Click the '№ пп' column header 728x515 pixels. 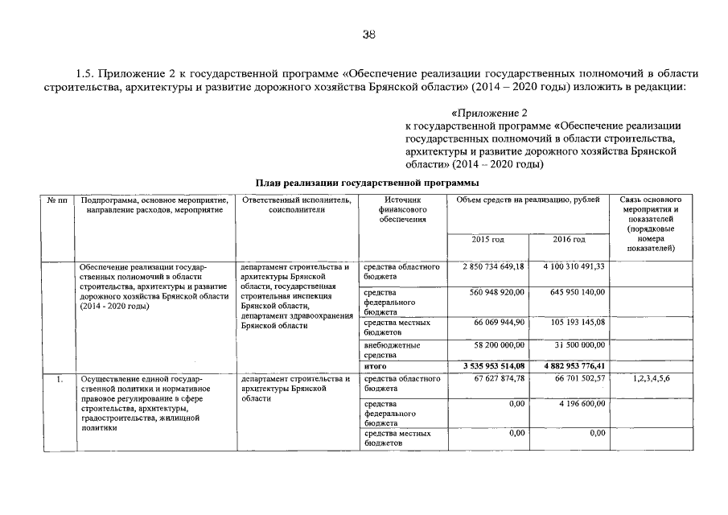click(x=57, y=199)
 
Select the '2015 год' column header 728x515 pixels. click(x=488, y=239)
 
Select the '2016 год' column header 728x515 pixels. click(x=569, y=239)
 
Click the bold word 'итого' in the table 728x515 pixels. click(x=376, y=366)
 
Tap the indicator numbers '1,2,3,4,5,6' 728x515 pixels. click(x=652, y=378)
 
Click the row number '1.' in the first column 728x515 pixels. click(x=59, y=378)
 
